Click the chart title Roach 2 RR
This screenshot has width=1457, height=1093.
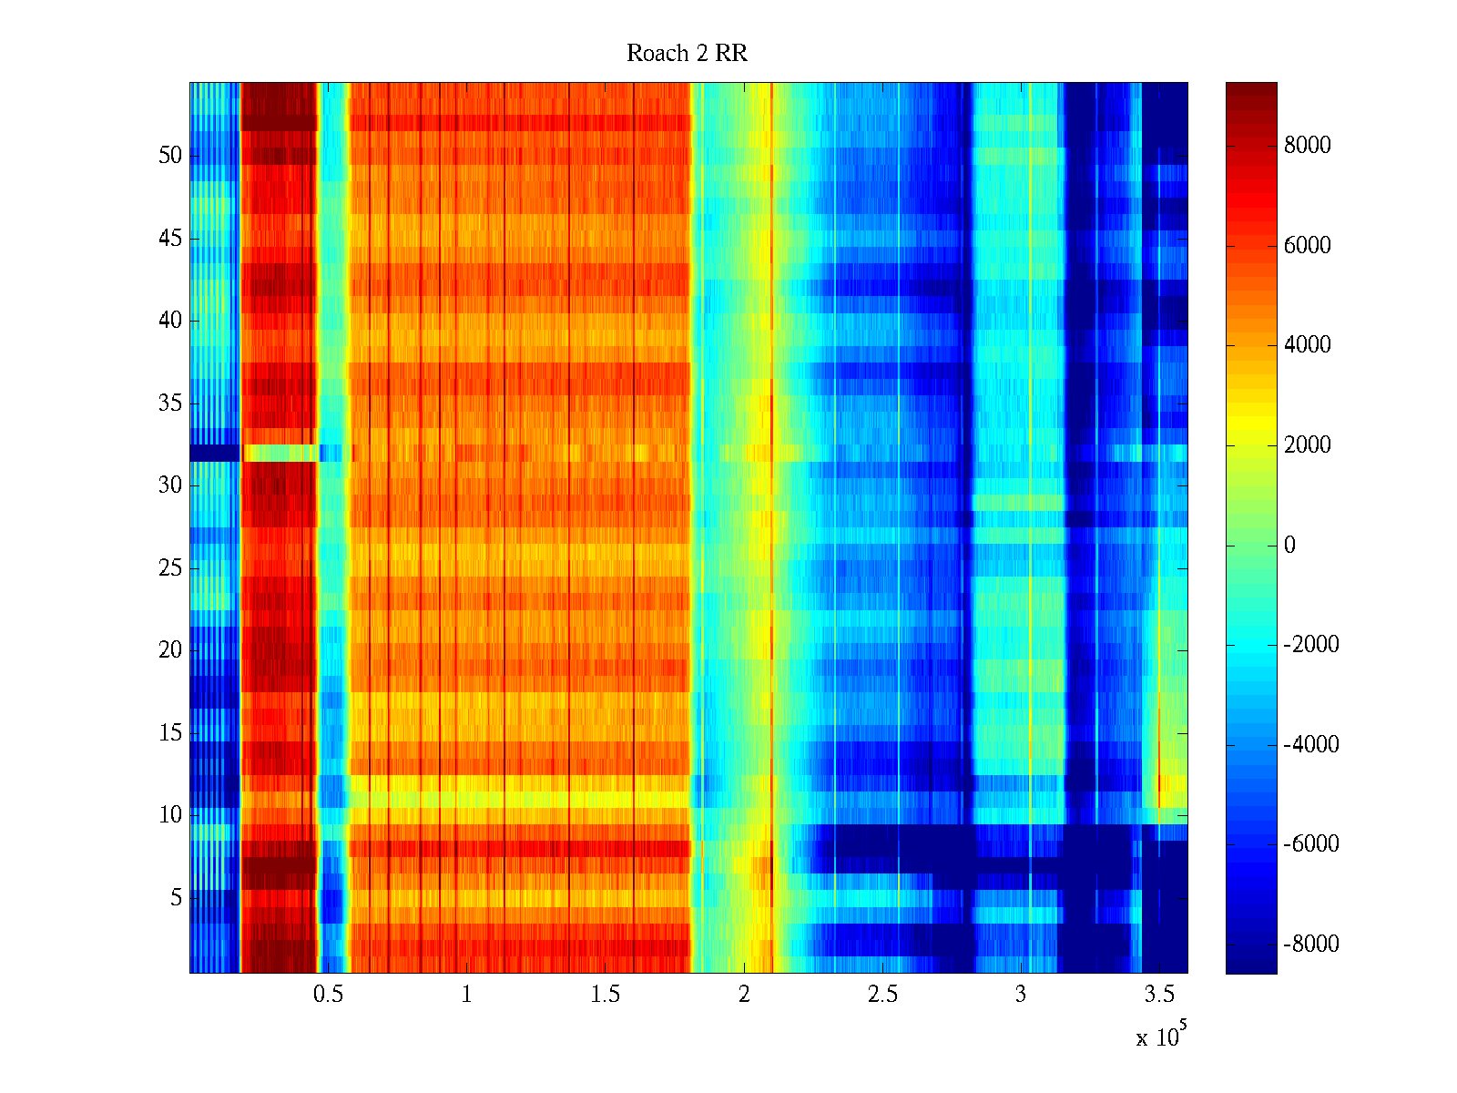coord(687,54)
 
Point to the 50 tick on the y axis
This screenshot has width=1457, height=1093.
coord(170,156)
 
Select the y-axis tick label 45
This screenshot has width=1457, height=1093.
coord(170,239)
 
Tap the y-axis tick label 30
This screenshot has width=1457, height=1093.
coord(170,485)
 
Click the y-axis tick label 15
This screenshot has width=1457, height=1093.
coord(170,733)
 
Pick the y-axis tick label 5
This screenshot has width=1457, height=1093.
coord(176,898)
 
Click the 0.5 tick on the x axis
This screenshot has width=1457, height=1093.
coord(328,995)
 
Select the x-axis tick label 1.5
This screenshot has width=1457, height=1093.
coord(605,995)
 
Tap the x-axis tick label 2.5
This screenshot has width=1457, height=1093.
coord(882,995)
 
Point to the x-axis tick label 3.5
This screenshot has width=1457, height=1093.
coord(1159,995)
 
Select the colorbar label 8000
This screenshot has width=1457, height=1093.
coord(1307,146)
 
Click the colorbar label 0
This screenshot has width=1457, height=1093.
coord(1289,545)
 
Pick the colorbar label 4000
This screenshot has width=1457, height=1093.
coord(1307,345)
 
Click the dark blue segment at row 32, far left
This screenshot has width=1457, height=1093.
coord(214,453)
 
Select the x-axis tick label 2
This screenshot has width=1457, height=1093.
coord(744,995)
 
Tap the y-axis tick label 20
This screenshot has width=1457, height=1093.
coord(170,650)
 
